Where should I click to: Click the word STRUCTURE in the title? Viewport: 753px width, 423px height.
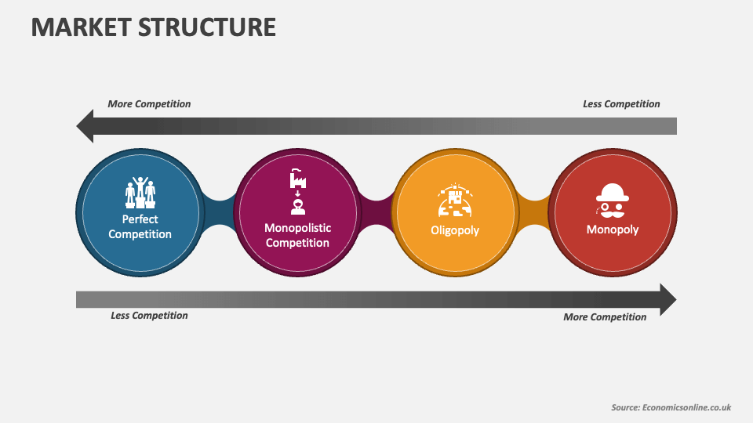[207, 27]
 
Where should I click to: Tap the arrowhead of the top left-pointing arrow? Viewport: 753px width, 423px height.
[85, 126]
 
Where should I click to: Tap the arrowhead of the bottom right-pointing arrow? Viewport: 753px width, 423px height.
[668, 300]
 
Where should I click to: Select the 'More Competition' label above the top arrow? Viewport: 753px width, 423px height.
[149, 104]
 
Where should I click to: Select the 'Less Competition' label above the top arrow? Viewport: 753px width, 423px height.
[621, 104]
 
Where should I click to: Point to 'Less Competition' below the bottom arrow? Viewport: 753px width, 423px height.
[149, 316]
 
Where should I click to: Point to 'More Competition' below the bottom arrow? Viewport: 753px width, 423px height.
[605, 317]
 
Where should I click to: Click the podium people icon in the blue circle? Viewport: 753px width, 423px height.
[140, 193]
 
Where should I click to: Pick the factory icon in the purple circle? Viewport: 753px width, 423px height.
[298, 179]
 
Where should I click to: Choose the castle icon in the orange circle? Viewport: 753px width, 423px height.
[455, 200]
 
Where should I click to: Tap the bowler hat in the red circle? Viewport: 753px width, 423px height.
[613, 193]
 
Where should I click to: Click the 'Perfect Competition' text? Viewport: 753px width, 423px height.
[140, 226]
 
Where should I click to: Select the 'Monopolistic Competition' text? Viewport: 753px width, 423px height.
[298, 235]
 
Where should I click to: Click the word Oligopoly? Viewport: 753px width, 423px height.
[455, 230]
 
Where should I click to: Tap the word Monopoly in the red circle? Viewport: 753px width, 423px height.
[613, 230]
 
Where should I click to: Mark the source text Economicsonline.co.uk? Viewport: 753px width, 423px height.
[686, 407]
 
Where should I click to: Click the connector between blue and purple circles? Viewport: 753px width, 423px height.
[220, 212]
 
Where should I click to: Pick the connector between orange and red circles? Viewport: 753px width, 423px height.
[534, 212]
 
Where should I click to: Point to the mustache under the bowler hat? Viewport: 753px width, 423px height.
[613, 211]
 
